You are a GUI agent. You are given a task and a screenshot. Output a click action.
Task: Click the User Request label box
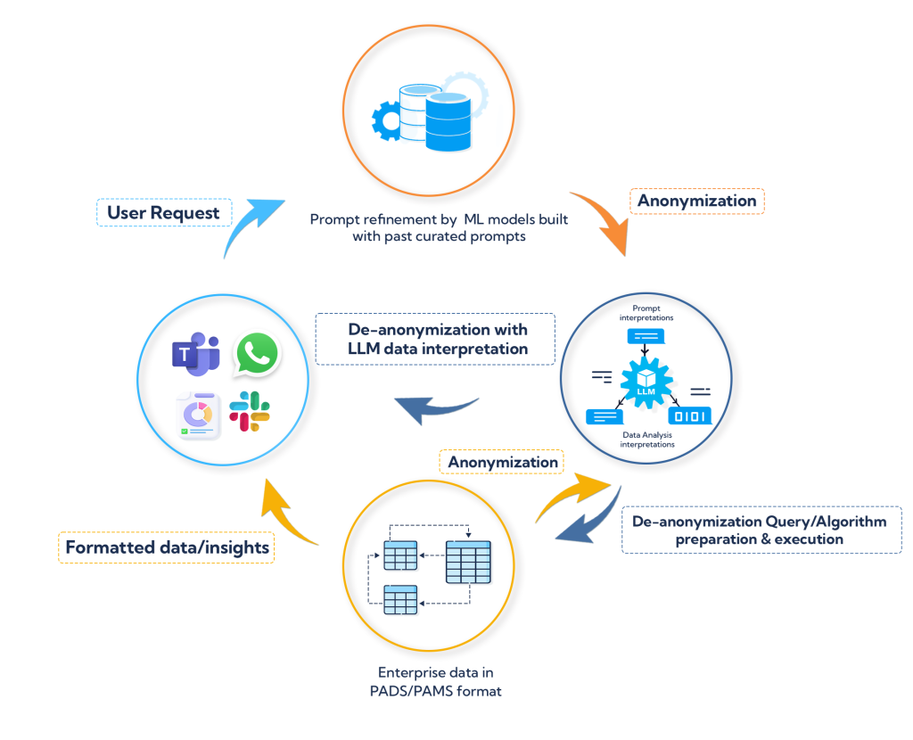coord(163,213)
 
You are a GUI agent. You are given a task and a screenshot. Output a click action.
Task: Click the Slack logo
coord(250,411)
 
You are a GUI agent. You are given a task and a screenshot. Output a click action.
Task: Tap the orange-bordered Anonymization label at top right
coord(697,201)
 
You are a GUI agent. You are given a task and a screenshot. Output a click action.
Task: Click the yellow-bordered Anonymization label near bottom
coord(503,462)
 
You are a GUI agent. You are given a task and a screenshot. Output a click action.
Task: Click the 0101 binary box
coord(689,415)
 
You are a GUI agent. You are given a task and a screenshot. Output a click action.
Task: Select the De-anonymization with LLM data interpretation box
coord(435,338)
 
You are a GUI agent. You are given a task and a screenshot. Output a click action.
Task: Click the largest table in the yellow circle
coord(467,563)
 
